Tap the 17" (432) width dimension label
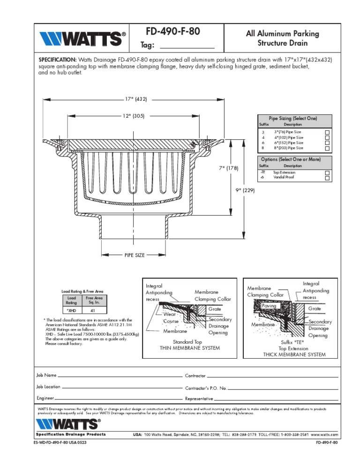pos(136,99)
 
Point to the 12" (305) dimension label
pos(134,116)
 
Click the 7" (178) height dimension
pos(229,168)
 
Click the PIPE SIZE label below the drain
pos(134,256)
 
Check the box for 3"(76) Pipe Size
pos(327,133)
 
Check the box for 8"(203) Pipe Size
pos(327,148)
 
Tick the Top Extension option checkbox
pos(327,173)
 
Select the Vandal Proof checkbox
pos(327,178)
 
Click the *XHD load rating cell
pos(72,310)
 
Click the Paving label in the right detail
pos(270,306)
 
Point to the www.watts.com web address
pos(324,435)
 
